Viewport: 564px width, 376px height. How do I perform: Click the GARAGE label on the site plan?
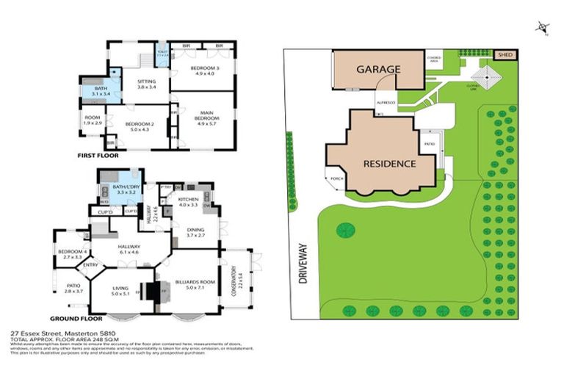pyautogui.click(x=378, y=69)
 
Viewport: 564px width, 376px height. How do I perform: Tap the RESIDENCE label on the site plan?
pyautogui.click(x=388, y=163)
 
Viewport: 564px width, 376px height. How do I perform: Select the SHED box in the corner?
pyautogui.click(x=505, y=54)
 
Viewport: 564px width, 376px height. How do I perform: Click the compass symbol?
pyautogui.click(x=542, y=27)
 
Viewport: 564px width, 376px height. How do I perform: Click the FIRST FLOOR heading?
pyautogui.click(x=98, y=156)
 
